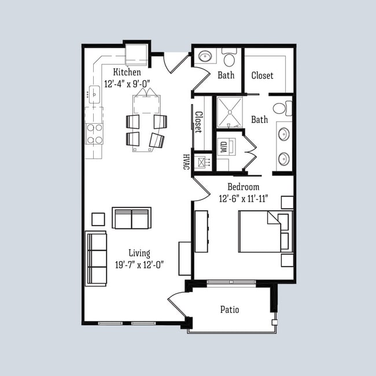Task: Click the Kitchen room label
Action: (x=127, y=72)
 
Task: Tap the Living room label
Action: (x=139, y=253)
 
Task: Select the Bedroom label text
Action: (x=243, y=187)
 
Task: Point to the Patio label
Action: (x=230, y=309)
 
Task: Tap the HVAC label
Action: (x=186, y=161)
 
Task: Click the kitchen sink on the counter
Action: (x=94, y=93)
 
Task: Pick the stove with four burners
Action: (x=94, y=133)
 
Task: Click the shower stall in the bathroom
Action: (x=230, y=112)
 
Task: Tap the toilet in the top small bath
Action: (x=229, y=57)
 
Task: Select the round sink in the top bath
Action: (x=205, y=57)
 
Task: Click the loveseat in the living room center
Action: (x=131, y=218)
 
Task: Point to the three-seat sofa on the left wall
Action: (x=96, y=258)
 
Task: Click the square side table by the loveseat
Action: (x=98, y=219)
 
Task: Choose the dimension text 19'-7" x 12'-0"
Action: (x=139, y=265)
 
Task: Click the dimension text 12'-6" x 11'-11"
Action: (x=243, y=198)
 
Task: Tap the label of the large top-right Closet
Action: (x=263, y=75)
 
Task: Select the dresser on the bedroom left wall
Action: (x=201, y=231)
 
